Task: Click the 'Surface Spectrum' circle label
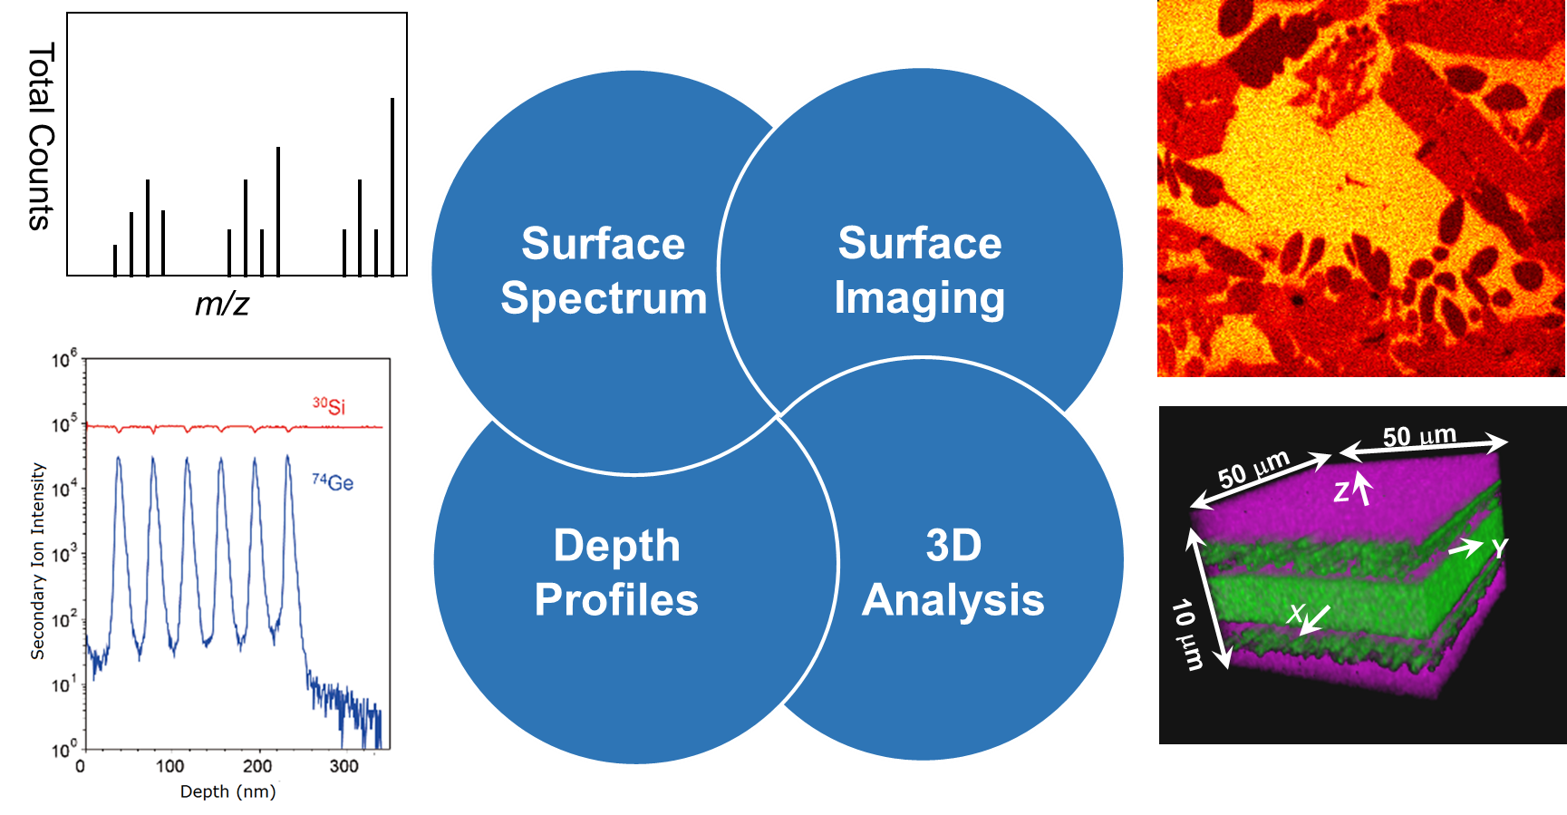coord(604,271)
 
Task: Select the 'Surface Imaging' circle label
coord(920,270)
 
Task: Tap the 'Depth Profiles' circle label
coord(616,572)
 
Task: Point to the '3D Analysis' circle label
coord(953,572)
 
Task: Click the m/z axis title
coord(222,303)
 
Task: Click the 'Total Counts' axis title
coord(40,136)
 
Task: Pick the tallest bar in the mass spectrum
coord(392,186)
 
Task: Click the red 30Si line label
coord(329,405)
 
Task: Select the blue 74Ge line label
coord(333,481)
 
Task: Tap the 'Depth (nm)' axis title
coord(228,791)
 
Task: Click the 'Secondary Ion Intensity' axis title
coord(37,561)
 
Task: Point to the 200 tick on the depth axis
coord(256,766)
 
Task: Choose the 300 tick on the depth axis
coord(343,766)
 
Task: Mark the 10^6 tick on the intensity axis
coord(64,359)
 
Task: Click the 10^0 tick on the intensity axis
coord(64,750)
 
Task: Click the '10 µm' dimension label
coord(1188,635)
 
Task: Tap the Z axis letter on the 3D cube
coord(1341,492)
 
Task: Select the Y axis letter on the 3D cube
coord(1500,548)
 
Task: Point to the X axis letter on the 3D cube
coord(1296,613)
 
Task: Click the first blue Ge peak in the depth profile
coord(119,460)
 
